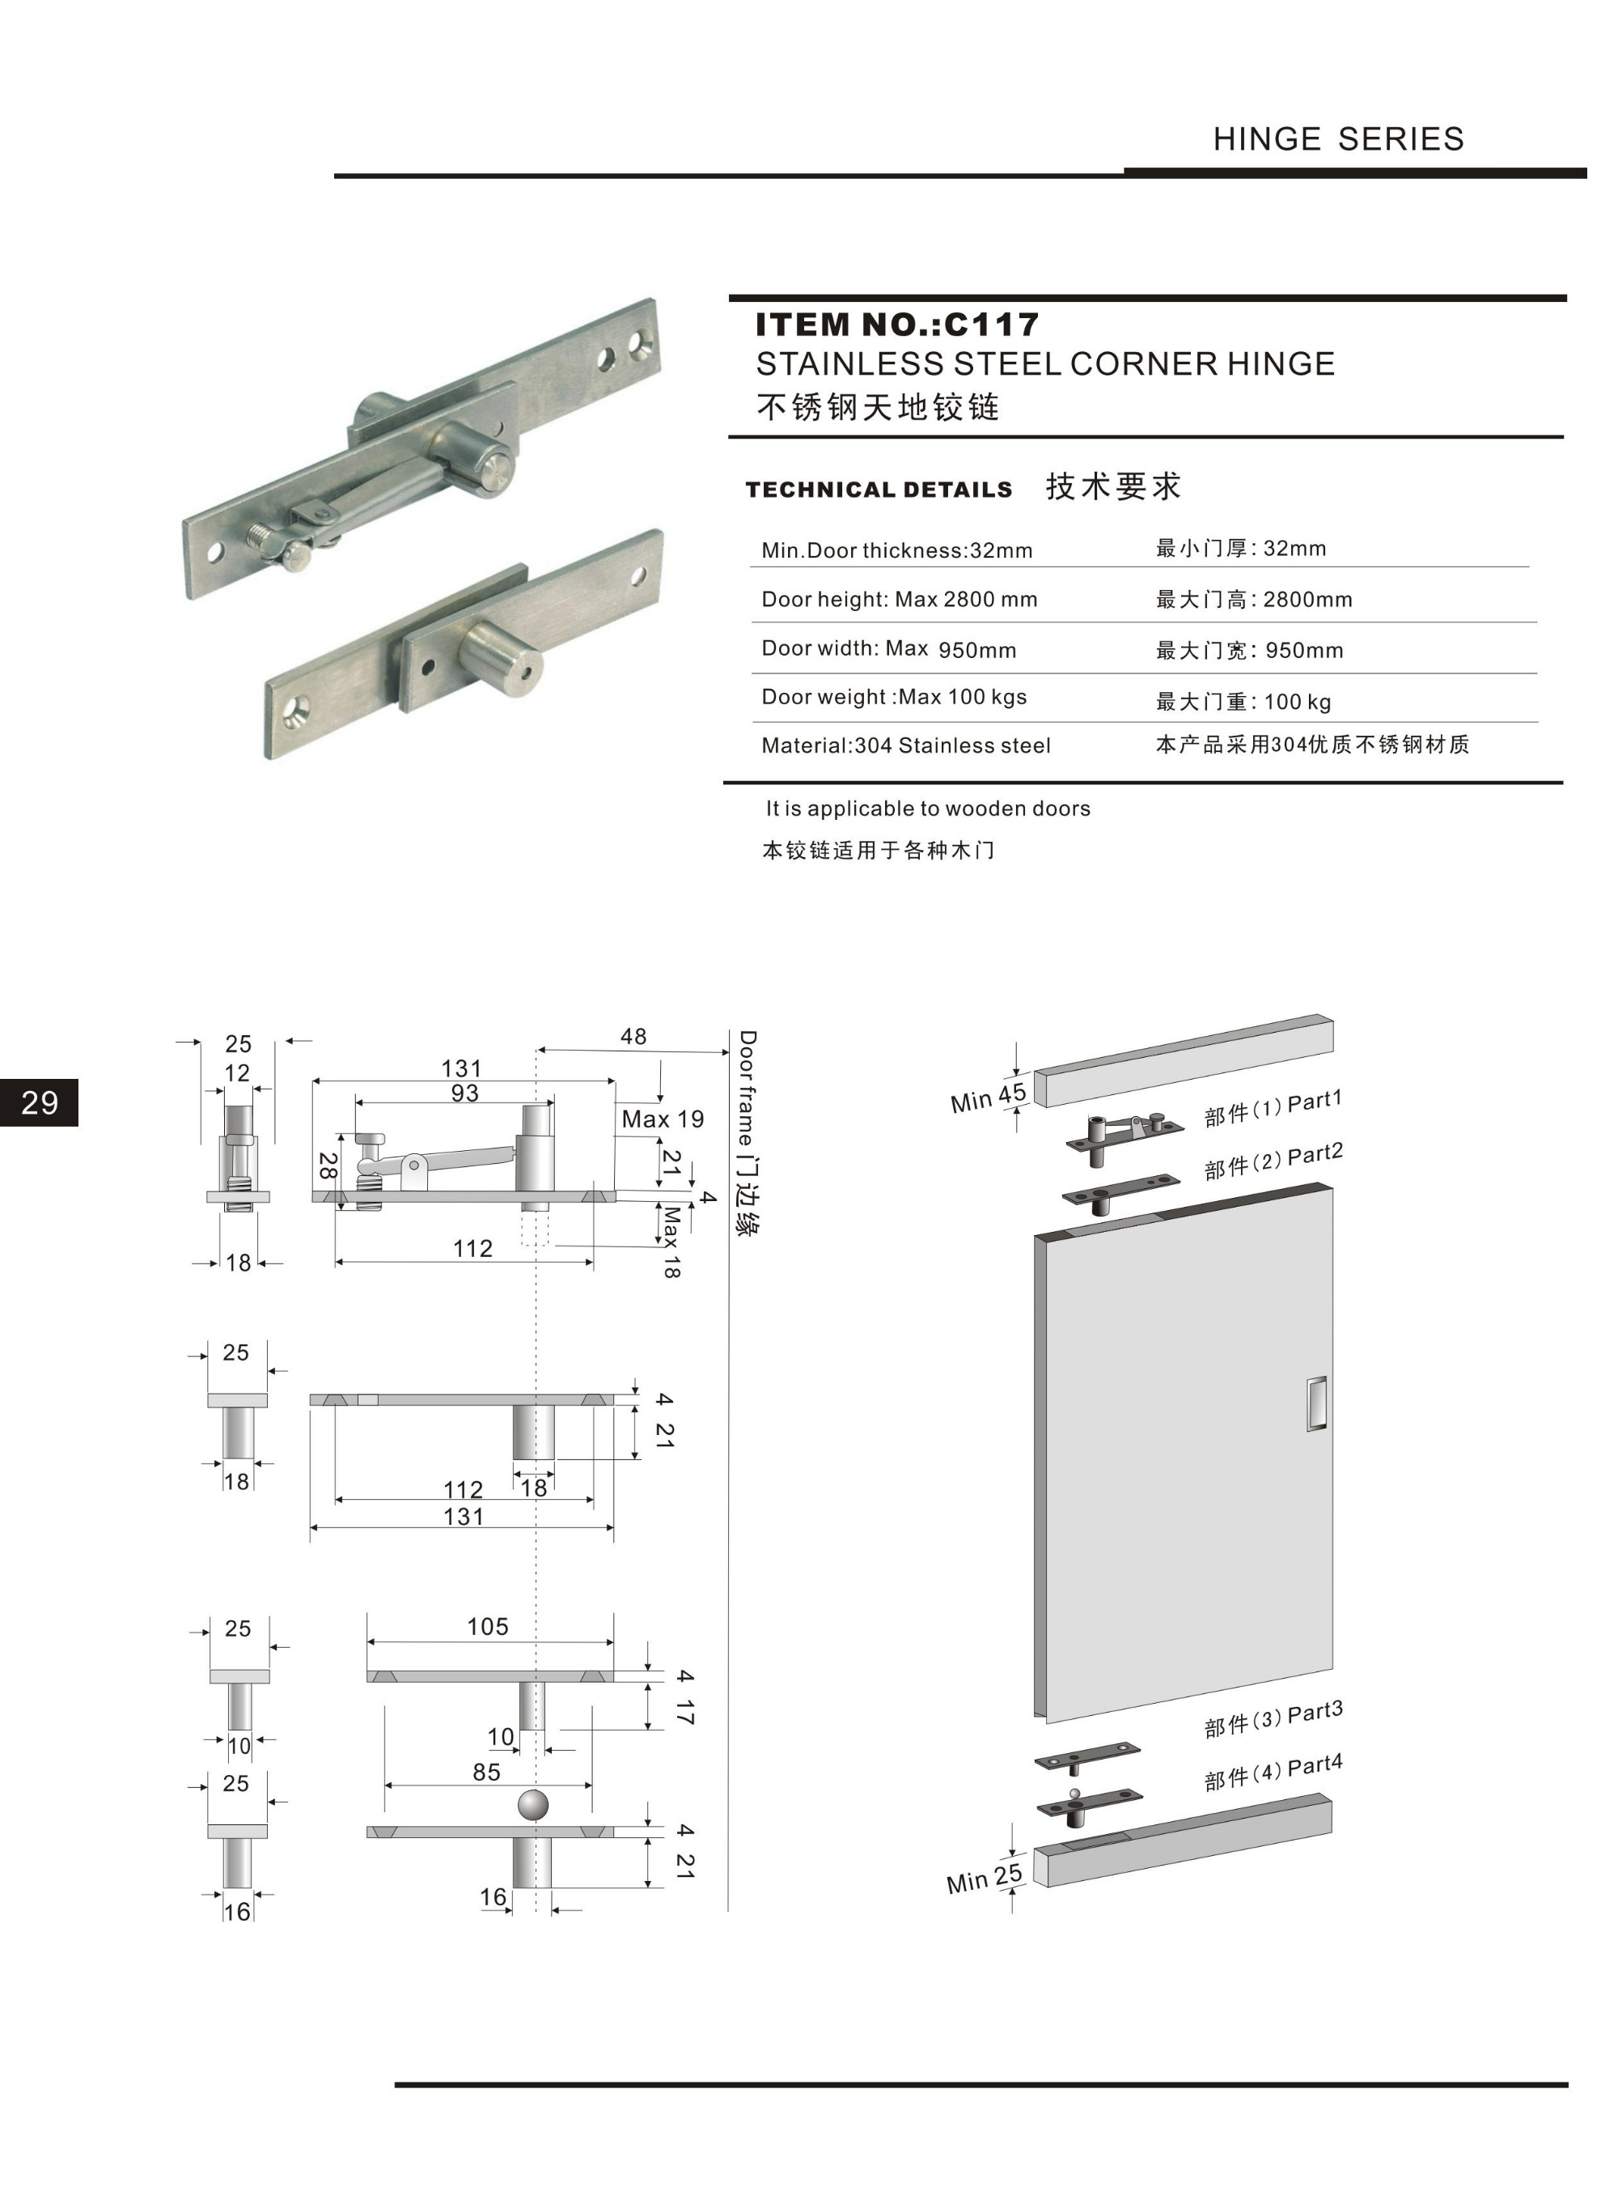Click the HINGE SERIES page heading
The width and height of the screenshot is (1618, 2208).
[1338, 139]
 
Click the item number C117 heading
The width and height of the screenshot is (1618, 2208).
[897, 325]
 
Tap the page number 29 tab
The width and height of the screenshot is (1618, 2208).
[39, 1103]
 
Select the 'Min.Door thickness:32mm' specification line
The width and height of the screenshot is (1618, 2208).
[897, 550]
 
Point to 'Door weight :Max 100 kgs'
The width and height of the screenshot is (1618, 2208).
[894, 697]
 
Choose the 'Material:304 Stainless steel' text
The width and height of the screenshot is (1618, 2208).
[906, 745]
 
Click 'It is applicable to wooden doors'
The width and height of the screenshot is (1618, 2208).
[927, 808]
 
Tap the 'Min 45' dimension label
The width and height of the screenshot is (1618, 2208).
[987, 1098]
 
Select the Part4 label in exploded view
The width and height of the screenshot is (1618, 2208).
[1313, 1766]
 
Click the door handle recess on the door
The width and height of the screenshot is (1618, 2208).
[1316, 1403]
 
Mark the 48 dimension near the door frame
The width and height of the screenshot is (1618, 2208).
[633, 1036]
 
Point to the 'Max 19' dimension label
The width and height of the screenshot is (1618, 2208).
[662, 1119]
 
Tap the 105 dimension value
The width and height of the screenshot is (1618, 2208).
[488, 1627]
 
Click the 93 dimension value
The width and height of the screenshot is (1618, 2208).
[464, 1093]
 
